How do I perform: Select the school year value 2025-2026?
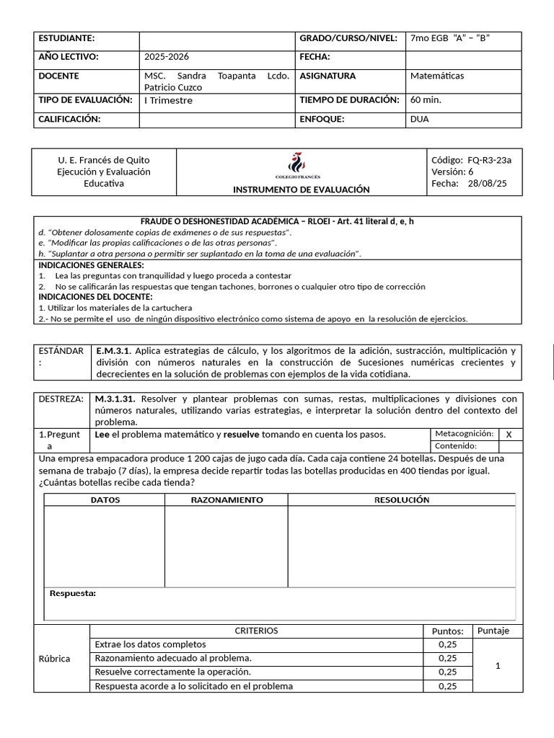(x=167, y=57)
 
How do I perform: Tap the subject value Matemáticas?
(x=436, y=76)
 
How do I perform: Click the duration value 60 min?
(x=425, y=100)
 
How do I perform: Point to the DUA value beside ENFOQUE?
(x=419, y=119)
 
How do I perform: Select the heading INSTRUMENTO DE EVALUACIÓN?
(x=301, y=190)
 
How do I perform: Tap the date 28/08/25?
(x=487, y=184)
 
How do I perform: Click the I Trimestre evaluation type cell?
(x=168, y=101)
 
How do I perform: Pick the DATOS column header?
(x=105, y=499)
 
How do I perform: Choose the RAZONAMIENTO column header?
(x=227, y=499)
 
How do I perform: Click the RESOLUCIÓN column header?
(x=401, y=499)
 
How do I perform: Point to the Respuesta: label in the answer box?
(x=72, y=593)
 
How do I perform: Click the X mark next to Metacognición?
(x=509, y=434)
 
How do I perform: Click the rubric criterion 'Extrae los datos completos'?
(x=150, y=644)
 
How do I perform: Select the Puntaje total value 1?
(x=498, y=667)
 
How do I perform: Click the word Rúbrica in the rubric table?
(x=54, y=659)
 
